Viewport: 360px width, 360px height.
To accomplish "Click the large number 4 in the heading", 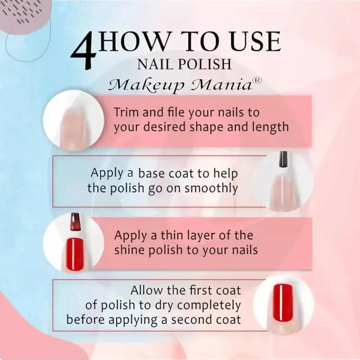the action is click(84, 51).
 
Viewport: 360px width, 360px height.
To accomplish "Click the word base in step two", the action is click(152, 173).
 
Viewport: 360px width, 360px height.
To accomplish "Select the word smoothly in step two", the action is click(211, 189).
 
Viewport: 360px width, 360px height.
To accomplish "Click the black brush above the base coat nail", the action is click(283, 159).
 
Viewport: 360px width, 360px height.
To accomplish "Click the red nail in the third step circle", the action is click(75, 254).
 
